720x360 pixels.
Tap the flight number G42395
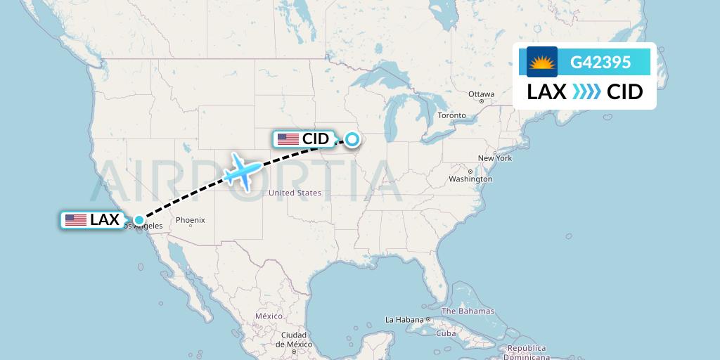tap(600, 62)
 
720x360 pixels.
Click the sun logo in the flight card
tap(542, 62)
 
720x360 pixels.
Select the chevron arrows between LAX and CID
tap(586, 92)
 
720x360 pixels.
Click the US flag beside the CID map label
tap(288, 139)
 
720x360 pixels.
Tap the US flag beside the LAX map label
tap(75, 220)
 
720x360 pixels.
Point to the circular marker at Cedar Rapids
tap(351, 139)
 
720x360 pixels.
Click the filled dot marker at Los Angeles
tap(139, 220)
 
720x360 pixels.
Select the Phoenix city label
tap(191, 220)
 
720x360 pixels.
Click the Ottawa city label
tap(482, 94)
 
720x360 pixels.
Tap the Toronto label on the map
tap(451, 115)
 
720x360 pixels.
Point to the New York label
tap(494, 158)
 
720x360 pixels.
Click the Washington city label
tap(470, 179)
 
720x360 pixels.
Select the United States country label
tap(295, 193)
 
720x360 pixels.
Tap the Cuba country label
tap(446, 333)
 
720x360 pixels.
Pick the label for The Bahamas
tap(468, 311)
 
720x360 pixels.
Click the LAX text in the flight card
tap(547, 92)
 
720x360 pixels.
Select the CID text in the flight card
tap(624, 92)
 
